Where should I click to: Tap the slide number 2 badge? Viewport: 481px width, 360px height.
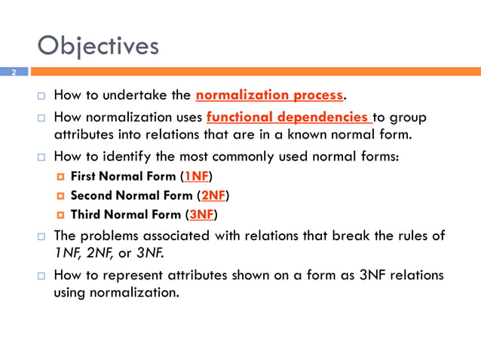pos(14,72)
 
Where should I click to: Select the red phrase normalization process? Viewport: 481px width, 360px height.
pos(269,96)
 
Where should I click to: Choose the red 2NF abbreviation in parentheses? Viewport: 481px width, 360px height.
pos(213,195)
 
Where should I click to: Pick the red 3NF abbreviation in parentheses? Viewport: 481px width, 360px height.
pos(201,214)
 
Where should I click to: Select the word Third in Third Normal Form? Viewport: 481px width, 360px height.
pos(86,214)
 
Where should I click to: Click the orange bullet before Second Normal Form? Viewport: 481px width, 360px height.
pos(61,196)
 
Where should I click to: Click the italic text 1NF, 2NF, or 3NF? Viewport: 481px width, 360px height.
pos(108,252)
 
